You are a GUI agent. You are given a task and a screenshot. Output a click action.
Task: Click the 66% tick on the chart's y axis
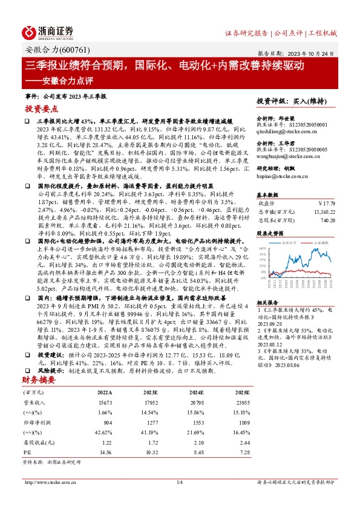tap(261, 248)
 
